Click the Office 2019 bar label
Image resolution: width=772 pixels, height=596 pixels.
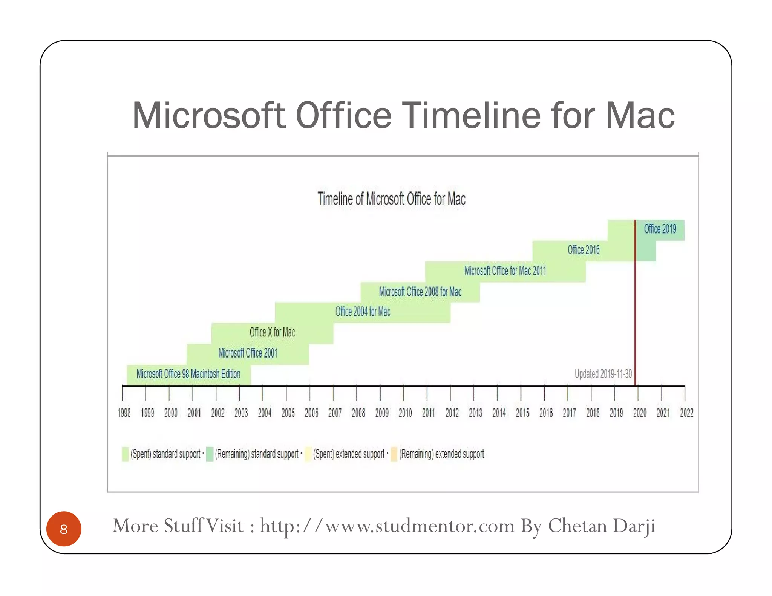(x=660, y=229)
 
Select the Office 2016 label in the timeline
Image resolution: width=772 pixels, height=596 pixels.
(x=583, y=250)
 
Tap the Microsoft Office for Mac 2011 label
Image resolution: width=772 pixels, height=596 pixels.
(x=505, y=270)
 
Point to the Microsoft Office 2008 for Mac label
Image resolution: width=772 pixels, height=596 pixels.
(x=420, y=291)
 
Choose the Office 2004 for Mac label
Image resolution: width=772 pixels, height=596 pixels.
(x=363, y=312)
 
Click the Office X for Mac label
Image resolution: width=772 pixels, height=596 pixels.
(x=272, y=332)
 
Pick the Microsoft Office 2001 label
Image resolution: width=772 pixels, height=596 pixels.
(x=248, y=353)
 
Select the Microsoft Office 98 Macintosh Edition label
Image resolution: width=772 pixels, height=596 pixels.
(x=188, y=374)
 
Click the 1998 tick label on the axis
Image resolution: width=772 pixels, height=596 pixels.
(x=124, y=413)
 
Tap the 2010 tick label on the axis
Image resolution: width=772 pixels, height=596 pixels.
(x=405, y=413)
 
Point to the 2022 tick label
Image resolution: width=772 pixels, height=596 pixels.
(x=686, y=413)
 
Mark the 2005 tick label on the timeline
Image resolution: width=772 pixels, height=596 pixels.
(x=288, y=413)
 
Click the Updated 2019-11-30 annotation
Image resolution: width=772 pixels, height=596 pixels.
(x=603, y=374)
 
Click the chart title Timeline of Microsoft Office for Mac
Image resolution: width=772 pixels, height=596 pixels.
(x=391, y=199)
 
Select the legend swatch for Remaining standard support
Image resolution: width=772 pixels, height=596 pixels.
(x=210, y=454)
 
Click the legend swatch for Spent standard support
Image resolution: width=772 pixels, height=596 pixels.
(x=125, y=454)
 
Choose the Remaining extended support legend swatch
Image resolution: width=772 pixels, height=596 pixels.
(x=394, y=454)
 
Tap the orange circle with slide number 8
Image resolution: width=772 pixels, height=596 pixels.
(x=64, y=529)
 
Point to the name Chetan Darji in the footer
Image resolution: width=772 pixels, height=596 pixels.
(x=601, y=526)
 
